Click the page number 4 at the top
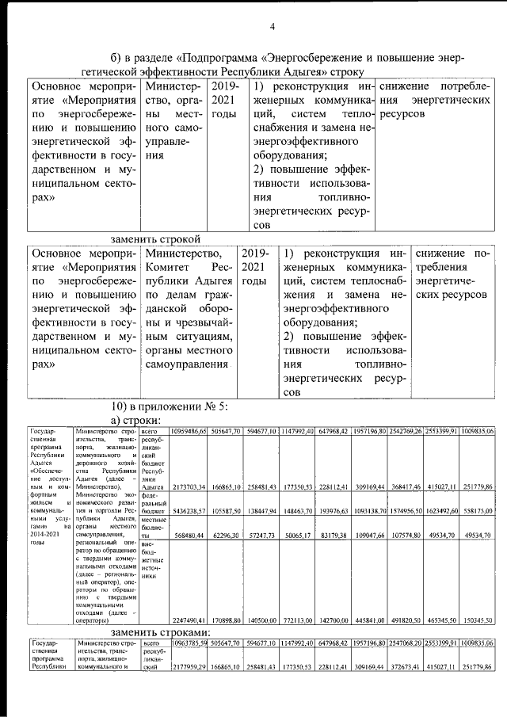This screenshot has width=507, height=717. point(272,27)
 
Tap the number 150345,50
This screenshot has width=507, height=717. point(479,620)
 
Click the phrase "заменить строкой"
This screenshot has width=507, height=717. point(155,238)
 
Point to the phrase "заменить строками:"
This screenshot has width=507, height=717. point(161,632)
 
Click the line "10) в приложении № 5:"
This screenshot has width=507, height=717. point(169,406)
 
